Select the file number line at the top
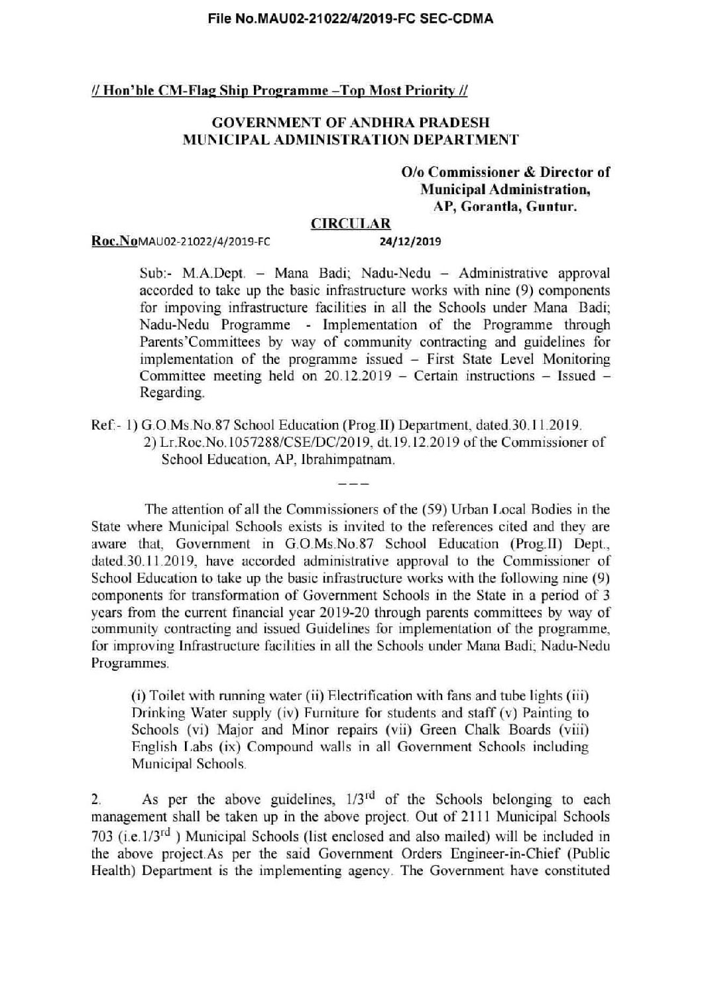tap(351, 19)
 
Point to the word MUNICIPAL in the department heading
tap(220, 140)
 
